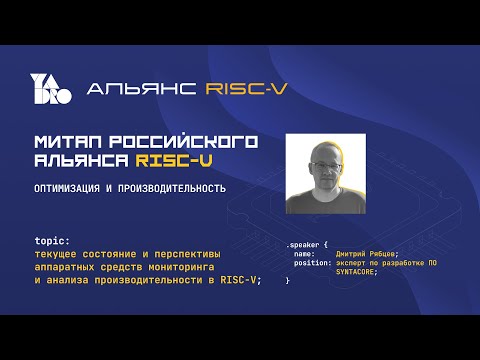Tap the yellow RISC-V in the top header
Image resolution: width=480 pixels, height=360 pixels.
point(245,88)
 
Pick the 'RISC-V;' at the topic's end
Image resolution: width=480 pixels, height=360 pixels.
point(241,280)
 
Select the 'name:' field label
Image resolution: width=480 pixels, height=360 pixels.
point(305,254)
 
